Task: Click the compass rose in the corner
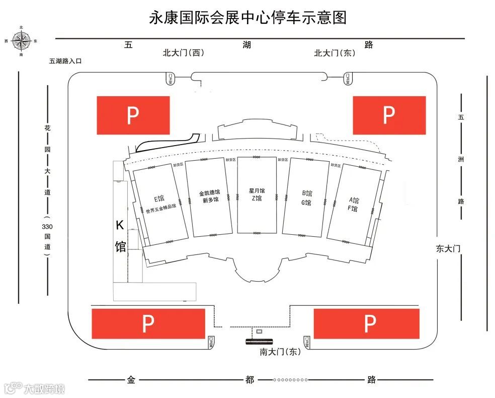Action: click(21, 40)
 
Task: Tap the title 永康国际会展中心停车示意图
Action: click(247, 18)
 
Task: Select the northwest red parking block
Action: click(133, 115)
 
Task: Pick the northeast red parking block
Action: click(389, 115)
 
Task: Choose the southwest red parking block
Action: click(148, 323)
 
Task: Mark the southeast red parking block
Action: click(366, 323)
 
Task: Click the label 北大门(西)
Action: click(183, 52)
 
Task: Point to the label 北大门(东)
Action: click(335, 52)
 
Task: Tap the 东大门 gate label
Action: click(448, 248)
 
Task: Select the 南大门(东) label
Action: click(280, 352)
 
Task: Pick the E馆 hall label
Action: click(159, 198)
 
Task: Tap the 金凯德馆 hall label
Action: click(209, 193)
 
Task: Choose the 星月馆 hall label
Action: click(257, 191)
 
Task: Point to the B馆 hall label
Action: click(307, 193)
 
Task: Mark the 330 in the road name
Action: click(47, 226)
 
